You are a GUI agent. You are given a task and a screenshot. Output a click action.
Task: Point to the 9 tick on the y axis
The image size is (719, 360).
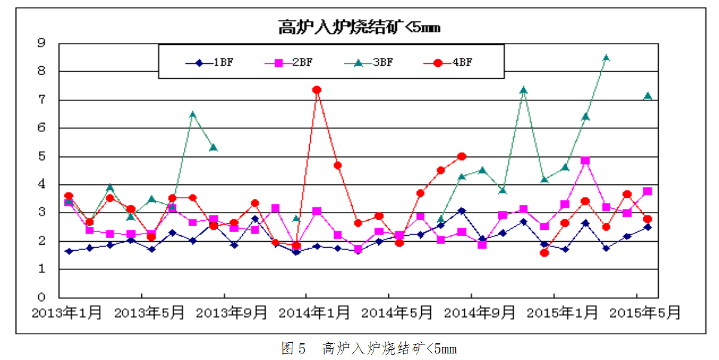(41, 43)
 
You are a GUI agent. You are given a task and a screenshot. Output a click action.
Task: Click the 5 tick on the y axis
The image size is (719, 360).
(41, 156)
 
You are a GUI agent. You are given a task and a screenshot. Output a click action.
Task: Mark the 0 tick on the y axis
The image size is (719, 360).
(41, 297)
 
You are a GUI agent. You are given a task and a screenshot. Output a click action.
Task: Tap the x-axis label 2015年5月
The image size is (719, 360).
(648, 313)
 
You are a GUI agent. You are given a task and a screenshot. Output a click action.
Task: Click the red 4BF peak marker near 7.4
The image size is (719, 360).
(317, 90)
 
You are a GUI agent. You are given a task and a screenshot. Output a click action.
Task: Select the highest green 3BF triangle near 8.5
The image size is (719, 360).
(606, 58)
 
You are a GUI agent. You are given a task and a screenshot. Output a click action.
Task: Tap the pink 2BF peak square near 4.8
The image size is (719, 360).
(585, 161)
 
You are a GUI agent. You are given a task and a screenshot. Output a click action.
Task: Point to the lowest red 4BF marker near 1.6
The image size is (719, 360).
(544, 253)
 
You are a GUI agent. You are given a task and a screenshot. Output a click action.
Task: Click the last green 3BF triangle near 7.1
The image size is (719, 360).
(647, 96)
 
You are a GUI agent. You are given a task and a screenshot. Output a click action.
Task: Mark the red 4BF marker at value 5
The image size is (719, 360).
(461, 156)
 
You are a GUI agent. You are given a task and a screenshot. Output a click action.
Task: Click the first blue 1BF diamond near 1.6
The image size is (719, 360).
(69, 251)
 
